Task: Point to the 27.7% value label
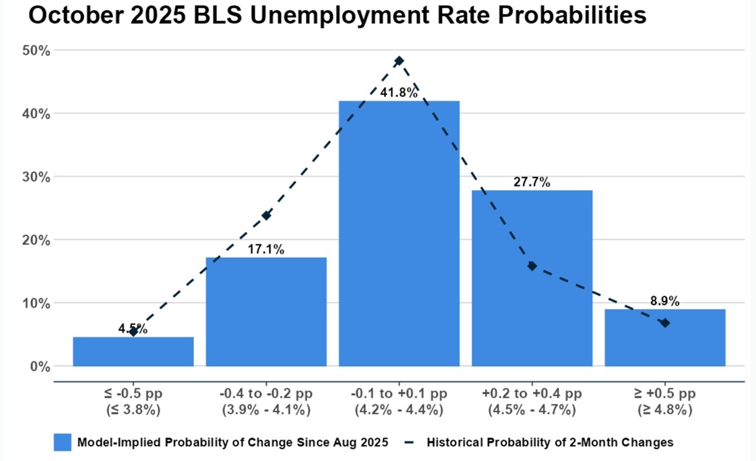(532, 182)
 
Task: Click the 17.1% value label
(266, 249)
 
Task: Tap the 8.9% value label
(664, 301)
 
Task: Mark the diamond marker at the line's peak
(399, 61)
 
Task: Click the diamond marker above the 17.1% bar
(266, 215)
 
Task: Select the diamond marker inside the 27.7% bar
(532, 266)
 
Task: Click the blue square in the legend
(62, 442)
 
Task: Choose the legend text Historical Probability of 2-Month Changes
(548, 442)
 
